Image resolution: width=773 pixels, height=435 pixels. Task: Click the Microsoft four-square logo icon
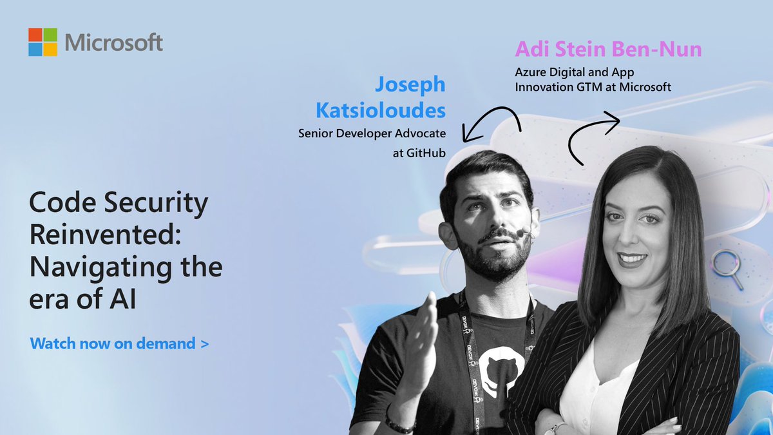pyautogui.click(x=43, y=42)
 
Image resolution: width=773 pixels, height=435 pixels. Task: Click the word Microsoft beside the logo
pyautogui.click(x=114, y=43)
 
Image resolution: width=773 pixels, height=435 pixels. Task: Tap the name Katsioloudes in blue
pyautogui.click(x=380, y=110)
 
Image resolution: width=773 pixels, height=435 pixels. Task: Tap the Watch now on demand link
pyautogui.click(x=119, y=343)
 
